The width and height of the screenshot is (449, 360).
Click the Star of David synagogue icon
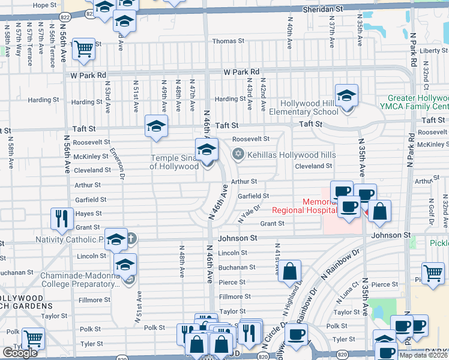coord(239,154)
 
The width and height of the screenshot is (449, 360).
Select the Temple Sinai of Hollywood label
coord(174,162)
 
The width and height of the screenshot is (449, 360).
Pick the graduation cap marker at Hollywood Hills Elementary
coord(346,95)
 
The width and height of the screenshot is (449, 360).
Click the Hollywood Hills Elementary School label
coord(309,107)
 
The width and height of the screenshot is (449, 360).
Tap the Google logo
coord(20,353)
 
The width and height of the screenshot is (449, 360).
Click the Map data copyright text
coord(423,355)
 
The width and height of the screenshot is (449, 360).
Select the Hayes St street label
coord(89,214)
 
